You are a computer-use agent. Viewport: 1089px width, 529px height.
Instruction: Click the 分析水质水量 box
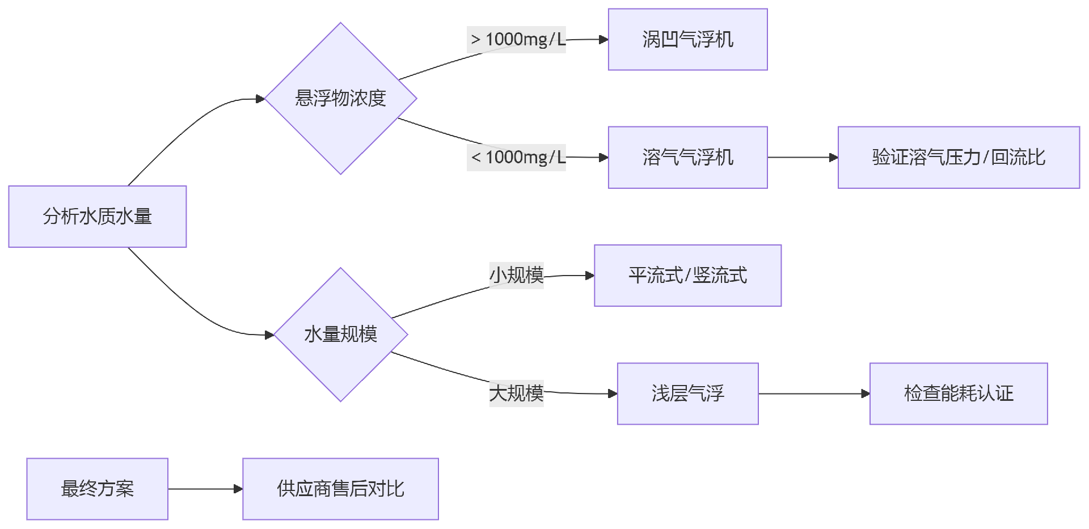97,217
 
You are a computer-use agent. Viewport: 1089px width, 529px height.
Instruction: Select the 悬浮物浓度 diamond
340,99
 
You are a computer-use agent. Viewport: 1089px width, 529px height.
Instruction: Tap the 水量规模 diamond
340,335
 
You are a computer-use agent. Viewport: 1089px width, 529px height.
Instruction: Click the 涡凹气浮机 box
687,40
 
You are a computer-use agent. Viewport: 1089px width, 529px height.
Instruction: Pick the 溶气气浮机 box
687,158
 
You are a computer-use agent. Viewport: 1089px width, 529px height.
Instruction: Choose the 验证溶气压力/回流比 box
959,158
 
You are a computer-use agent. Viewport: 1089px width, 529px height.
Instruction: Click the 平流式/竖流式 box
687,276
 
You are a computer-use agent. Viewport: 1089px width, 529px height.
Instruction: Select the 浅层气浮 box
687,393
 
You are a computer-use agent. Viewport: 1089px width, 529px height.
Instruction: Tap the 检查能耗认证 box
959,393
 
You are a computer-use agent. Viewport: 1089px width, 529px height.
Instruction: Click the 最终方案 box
97,489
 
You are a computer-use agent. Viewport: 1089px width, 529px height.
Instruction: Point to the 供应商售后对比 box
340,489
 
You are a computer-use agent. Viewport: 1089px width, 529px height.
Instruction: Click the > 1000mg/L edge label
516,40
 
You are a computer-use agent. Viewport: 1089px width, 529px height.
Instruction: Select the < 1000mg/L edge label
516,158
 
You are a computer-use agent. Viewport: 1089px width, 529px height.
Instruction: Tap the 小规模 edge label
516,276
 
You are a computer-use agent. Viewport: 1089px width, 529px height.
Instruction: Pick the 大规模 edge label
516,393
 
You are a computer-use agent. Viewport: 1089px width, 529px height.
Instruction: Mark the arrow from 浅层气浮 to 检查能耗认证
814,393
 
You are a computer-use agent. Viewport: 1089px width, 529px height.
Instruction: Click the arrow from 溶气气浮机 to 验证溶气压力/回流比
803,158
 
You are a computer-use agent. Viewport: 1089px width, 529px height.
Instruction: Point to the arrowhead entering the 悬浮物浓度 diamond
260,99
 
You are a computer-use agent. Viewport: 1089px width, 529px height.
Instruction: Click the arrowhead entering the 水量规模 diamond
269,335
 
